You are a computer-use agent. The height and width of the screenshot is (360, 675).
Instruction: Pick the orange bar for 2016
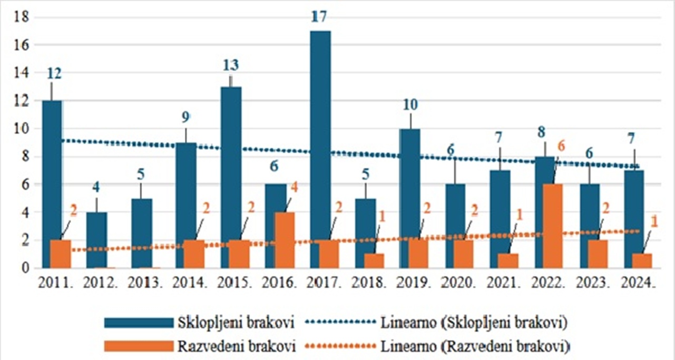tap(285, 240)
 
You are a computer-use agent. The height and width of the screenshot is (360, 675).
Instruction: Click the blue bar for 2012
tap(96, 240)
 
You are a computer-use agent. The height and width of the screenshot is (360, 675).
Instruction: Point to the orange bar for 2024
tap(642, 260)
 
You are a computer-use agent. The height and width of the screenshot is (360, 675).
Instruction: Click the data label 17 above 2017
tap(319, 17)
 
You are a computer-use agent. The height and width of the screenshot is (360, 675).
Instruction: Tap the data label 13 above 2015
tap(230, 65)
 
